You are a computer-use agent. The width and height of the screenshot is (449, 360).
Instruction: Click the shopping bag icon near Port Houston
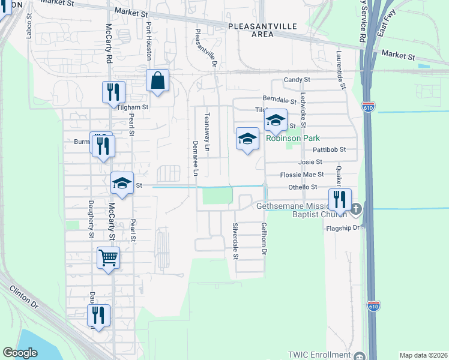pyautogui.click(x=157, y=80)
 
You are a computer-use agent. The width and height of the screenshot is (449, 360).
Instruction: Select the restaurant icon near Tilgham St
pyautogui.click(x=113, y=92)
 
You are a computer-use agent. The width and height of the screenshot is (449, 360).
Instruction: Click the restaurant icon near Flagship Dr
pyautogui.click(x=340, y=200)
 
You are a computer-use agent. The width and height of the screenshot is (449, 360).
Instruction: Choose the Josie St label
pyautogui.click(x=310, y=162)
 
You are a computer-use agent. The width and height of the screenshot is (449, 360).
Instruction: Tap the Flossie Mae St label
pyautogui.click(x=303, y=175)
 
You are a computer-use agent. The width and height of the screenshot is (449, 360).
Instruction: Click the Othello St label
pyautogui.click(x=303, y=187)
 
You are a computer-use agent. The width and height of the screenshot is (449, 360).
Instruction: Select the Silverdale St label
pyautogui.click(x=235, y=241)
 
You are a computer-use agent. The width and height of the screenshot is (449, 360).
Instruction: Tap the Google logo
pyautogui.click(x=20, y=353)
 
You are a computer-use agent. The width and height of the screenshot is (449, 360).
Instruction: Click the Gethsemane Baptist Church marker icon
pyautogui.click(x=357, y=210)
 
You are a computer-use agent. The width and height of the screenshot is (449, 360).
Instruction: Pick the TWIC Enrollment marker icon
pyautogui.click(x=359, y=355)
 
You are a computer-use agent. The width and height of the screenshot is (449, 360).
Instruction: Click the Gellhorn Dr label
pyautogui.click(x=263, y=238)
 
